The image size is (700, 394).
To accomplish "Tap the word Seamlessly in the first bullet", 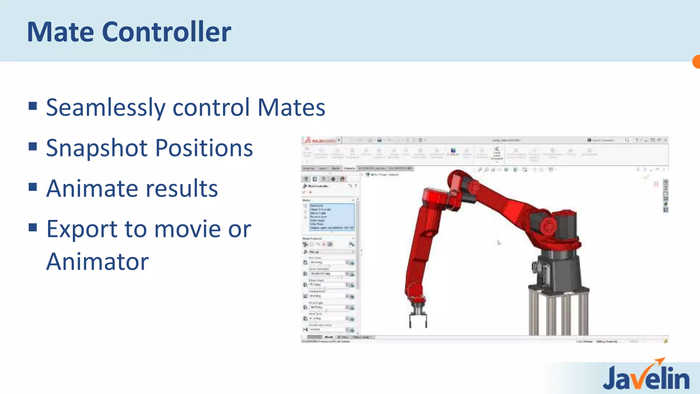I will pos(106,107).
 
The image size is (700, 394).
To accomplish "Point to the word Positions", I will pos(204,148).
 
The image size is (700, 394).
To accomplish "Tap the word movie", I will pos(187,229).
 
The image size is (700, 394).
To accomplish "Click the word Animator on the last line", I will pos(97,262).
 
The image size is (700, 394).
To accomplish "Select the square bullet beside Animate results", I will pos(33,187).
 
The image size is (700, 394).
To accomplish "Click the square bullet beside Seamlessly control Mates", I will pos(33,106).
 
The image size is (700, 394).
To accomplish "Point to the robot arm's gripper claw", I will pos(418,316).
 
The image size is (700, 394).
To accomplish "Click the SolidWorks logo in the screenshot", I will pos(320,140).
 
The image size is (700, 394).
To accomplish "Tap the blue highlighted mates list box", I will pos(332,217).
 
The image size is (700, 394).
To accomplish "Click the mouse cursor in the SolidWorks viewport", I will pos(499,242).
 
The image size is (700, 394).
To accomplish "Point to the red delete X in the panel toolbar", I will pos(324,244).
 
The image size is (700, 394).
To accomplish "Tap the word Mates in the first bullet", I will pos(291,107).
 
